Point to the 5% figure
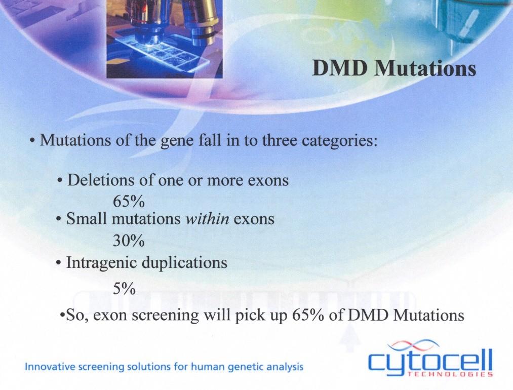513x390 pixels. (124, 289)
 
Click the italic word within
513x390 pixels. (207, 219)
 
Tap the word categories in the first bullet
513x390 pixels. (339, 141)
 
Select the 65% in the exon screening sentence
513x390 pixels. (308, 316)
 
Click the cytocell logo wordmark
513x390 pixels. (430, 360)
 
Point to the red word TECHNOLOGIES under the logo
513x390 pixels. (450, 374)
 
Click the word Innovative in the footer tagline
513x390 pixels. (49, 366)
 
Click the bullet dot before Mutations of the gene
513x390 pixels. (32, 142)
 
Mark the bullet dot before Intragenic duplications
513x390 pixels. (59, 263)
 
